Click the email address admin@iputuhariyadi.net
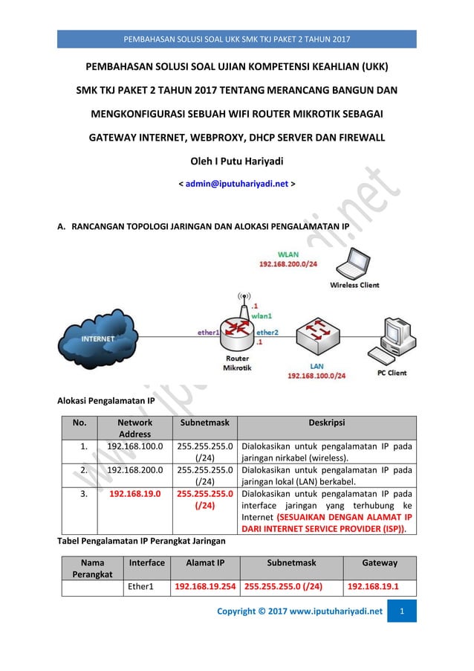[236, 182]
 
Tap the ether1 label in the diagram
[208, 333]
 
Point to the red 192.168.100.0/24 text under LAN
[316, 376]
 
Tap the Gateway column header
[380, 563]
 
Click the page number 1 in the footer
[403, 611]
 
